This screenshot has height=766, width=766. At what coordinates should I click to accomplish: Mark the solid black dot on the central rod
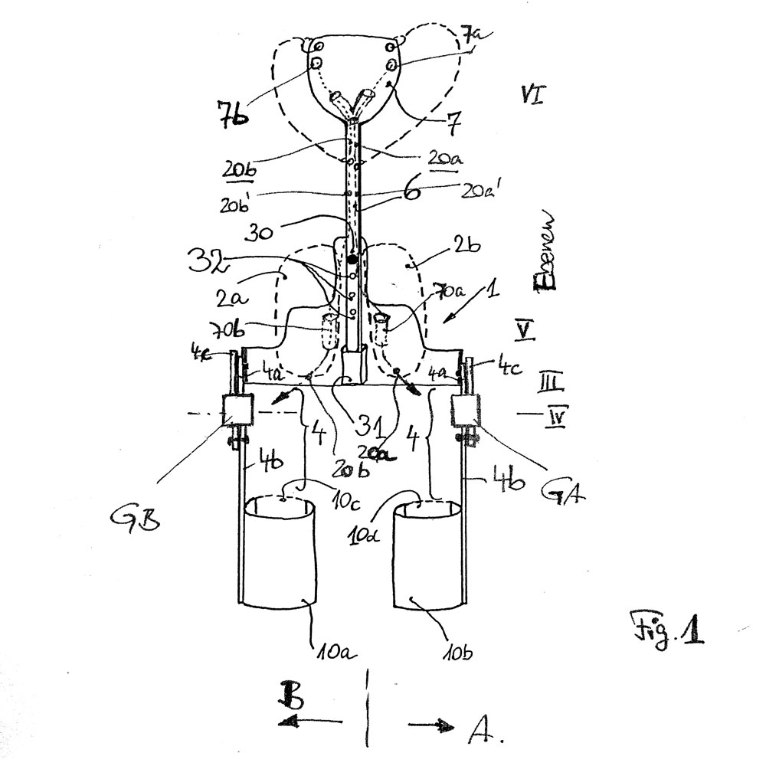352,261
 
